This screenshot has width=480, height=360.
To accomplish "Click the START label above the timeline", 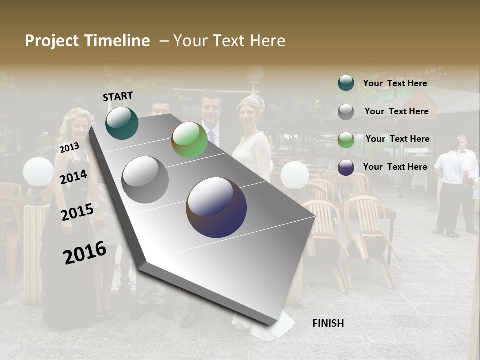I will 118,96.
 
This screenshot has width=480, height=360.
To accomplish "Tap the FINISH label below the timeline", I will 328,323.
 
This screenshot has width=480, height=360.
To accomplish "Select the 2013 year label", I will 69,148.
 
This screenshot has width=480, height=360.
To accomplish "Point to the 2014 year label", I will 73,177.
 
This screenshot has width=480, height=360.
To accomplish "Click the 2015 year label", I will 77,212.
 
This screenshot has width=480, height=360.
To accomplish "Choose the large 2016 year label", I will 85,252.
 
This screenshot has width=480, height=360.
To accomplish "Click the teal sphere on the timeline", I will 122,123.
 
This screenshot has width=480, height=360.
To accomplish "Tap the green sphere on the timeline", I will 189,140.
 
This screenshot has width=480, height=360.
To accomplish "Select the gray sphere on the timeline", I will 145,180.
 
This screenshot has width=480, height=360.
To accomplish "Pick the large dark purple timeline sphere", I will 216,207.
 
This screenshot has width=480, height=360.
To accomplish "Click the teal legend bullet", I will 346,83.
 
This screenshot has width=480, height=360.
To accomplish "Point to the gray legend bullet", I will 346,111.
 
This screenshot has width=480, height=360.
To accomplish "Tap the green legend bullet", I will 346,140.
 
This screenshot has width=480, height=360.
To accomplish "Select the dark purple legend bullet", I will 346,167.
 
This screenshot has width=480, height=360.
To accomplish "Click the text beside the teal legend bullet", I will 395,84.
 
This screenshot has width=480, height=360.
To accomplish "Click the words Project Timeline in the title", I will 87,41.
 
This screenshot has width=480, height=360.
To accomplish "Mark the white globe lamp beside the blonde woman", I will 38,172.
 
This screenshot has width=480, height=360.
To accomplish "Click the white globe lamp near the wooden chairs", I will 294,175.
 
